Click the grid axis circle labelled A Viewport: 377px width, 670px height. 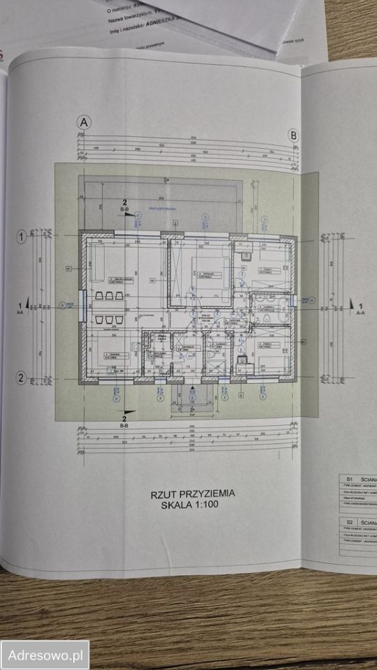point(84,122)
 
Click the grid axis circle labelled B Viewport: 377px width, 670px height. point(294,135)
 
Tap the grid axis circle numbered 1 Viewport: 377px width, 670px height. point(22,237)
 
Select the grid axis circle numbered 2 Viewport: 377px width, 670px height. point(22,378)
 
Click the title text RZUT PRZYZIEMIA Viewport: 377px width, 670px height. point(193,493)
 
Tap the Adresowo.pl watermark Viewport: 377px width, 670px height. point(45,655)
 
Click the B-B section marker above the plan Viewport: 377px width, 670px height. point(126,209)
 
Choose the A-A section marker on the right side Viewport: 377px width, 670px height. point(359,308)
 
